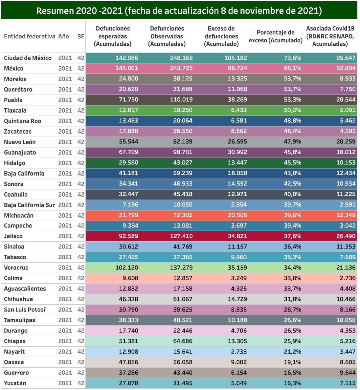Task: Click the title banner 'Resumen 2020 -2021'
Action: click(179, 11)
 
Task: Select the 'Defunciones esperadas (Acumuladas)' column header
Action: click(113, 36)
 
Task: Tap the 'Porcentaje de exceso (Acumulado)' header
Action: click(276, 36)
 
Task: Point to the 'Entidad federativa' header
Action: click(30, 36)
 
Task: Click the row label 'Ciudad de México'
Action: click(28, 58)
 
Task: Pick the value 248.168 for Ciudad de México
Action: click(181, 58)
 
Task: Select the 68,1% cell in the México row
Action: click(292, 69)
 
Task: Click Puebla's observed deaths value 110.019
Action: click(181, 100)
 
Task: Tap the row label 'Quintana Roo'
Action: click(22, 121)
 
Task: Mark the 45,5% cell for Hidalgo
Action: click(292, 163)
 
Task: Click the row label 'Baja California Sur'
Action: click(29, 205)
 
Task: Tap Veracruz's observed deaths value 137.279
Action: click(181, 268)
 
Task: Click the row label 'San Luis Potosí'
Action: click(25, 310)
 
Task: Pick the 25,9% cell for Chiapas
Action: click(292, 341)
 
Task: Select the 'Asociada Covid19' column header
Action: click(330, 36)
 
